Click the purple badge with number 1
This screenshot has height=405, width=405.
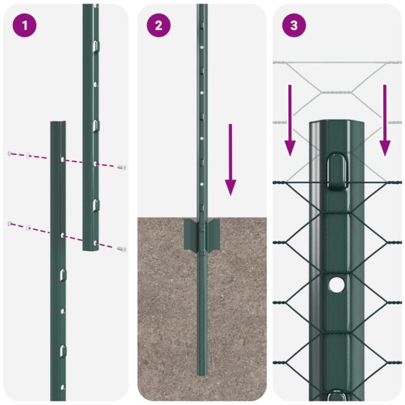[x=25, y=26]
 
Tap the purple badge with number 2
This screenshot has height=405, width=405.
[x=159, y=26]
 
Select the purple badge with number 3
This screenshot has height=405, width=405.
[x=293, y=26]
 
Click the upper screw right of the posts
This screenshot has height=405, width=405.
[x=121, y=167]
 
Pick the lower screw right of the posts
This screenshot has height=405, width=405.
[x=121, y=249]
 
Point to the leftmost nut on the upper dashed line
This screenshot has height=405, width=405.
[x=9, y=153]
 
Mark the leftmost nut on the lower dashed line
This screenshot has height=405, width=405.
[x=9, y=224]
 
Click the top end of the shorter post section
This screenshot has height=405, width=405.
[x=58, y=125]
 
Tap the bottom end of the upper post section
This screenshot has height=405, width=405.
[x=91, y=248]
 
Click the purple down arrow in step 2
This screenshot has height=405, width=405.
[x=231, y=159]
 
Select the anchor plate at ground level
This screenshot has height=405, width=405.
[x=201, y=234]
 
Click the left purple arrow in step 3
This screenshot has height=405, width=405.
[x=290, y=120]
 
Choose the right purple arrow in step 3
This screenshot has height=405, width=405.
[x=385, y=120]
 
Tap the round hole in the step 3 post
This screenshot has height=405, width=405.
[x=337, y=285]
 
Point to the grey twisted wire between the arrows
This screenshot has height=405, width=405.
[x=337, y=92]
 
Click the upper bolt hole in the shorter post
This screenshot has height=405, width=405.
[x=63, y=159]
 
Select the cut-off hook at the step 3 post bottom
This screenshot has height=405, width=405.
[x=337, y=396]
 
